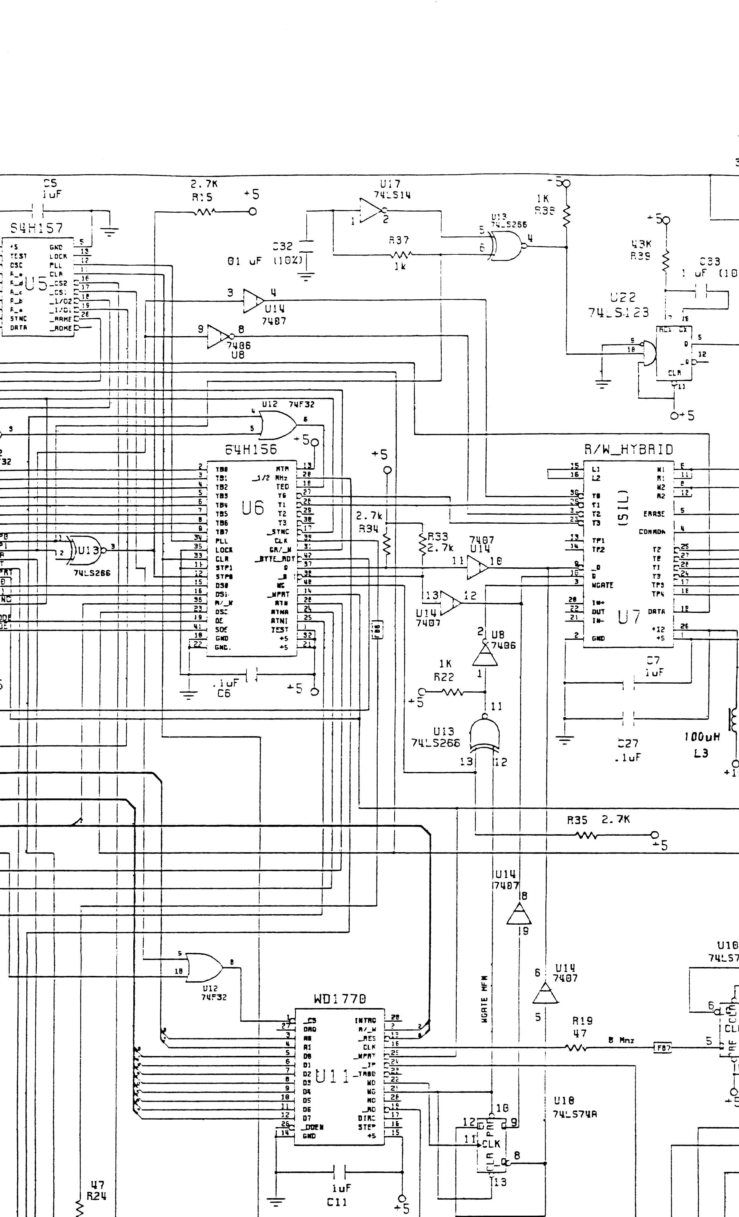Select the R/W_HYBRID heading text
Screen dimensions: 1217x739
[x=628, y=449]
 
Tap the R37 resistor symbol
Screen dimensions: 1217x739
[x=400, y=255]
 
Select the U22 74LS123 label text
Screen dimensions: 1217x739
[x=618, y=305]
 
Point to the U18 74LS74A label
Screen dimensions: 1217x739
[x=574, y=1107]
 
